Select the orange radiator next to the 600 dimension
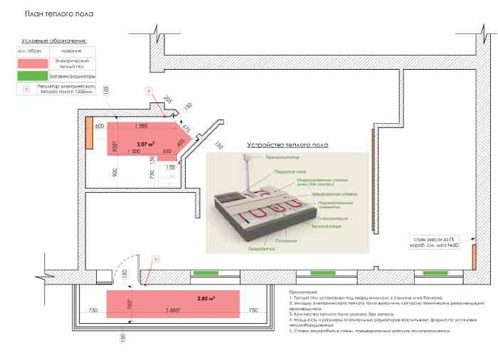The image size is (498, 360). point(91,134)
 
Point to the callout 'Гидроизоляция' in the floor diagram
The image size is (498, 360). point(334,218)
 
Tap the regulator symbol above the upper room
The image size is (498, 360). point(149,90)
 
